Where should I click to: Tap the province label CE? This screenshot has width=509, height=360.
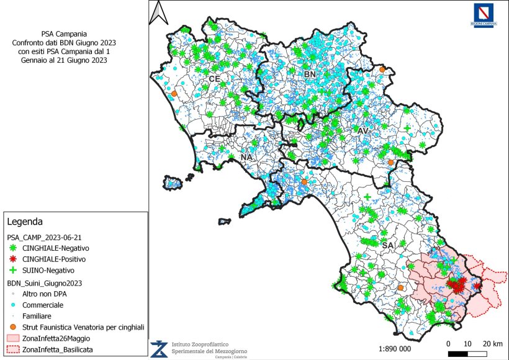pos(214,79)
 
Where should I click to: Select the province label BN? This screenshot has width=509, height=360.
pos(310,74)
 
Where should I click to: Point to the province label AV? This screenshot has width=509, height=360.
pos(363,131)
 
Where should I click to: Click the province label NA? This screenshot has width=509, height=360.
pos(246,157)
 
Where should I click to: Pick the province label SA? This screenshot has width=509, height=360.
pos(388,246)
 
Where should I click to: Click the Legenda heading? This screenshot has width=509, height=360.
pos(25,221)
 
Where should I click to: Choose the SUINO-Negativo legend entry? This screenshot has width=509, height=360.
pos(48,271)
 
